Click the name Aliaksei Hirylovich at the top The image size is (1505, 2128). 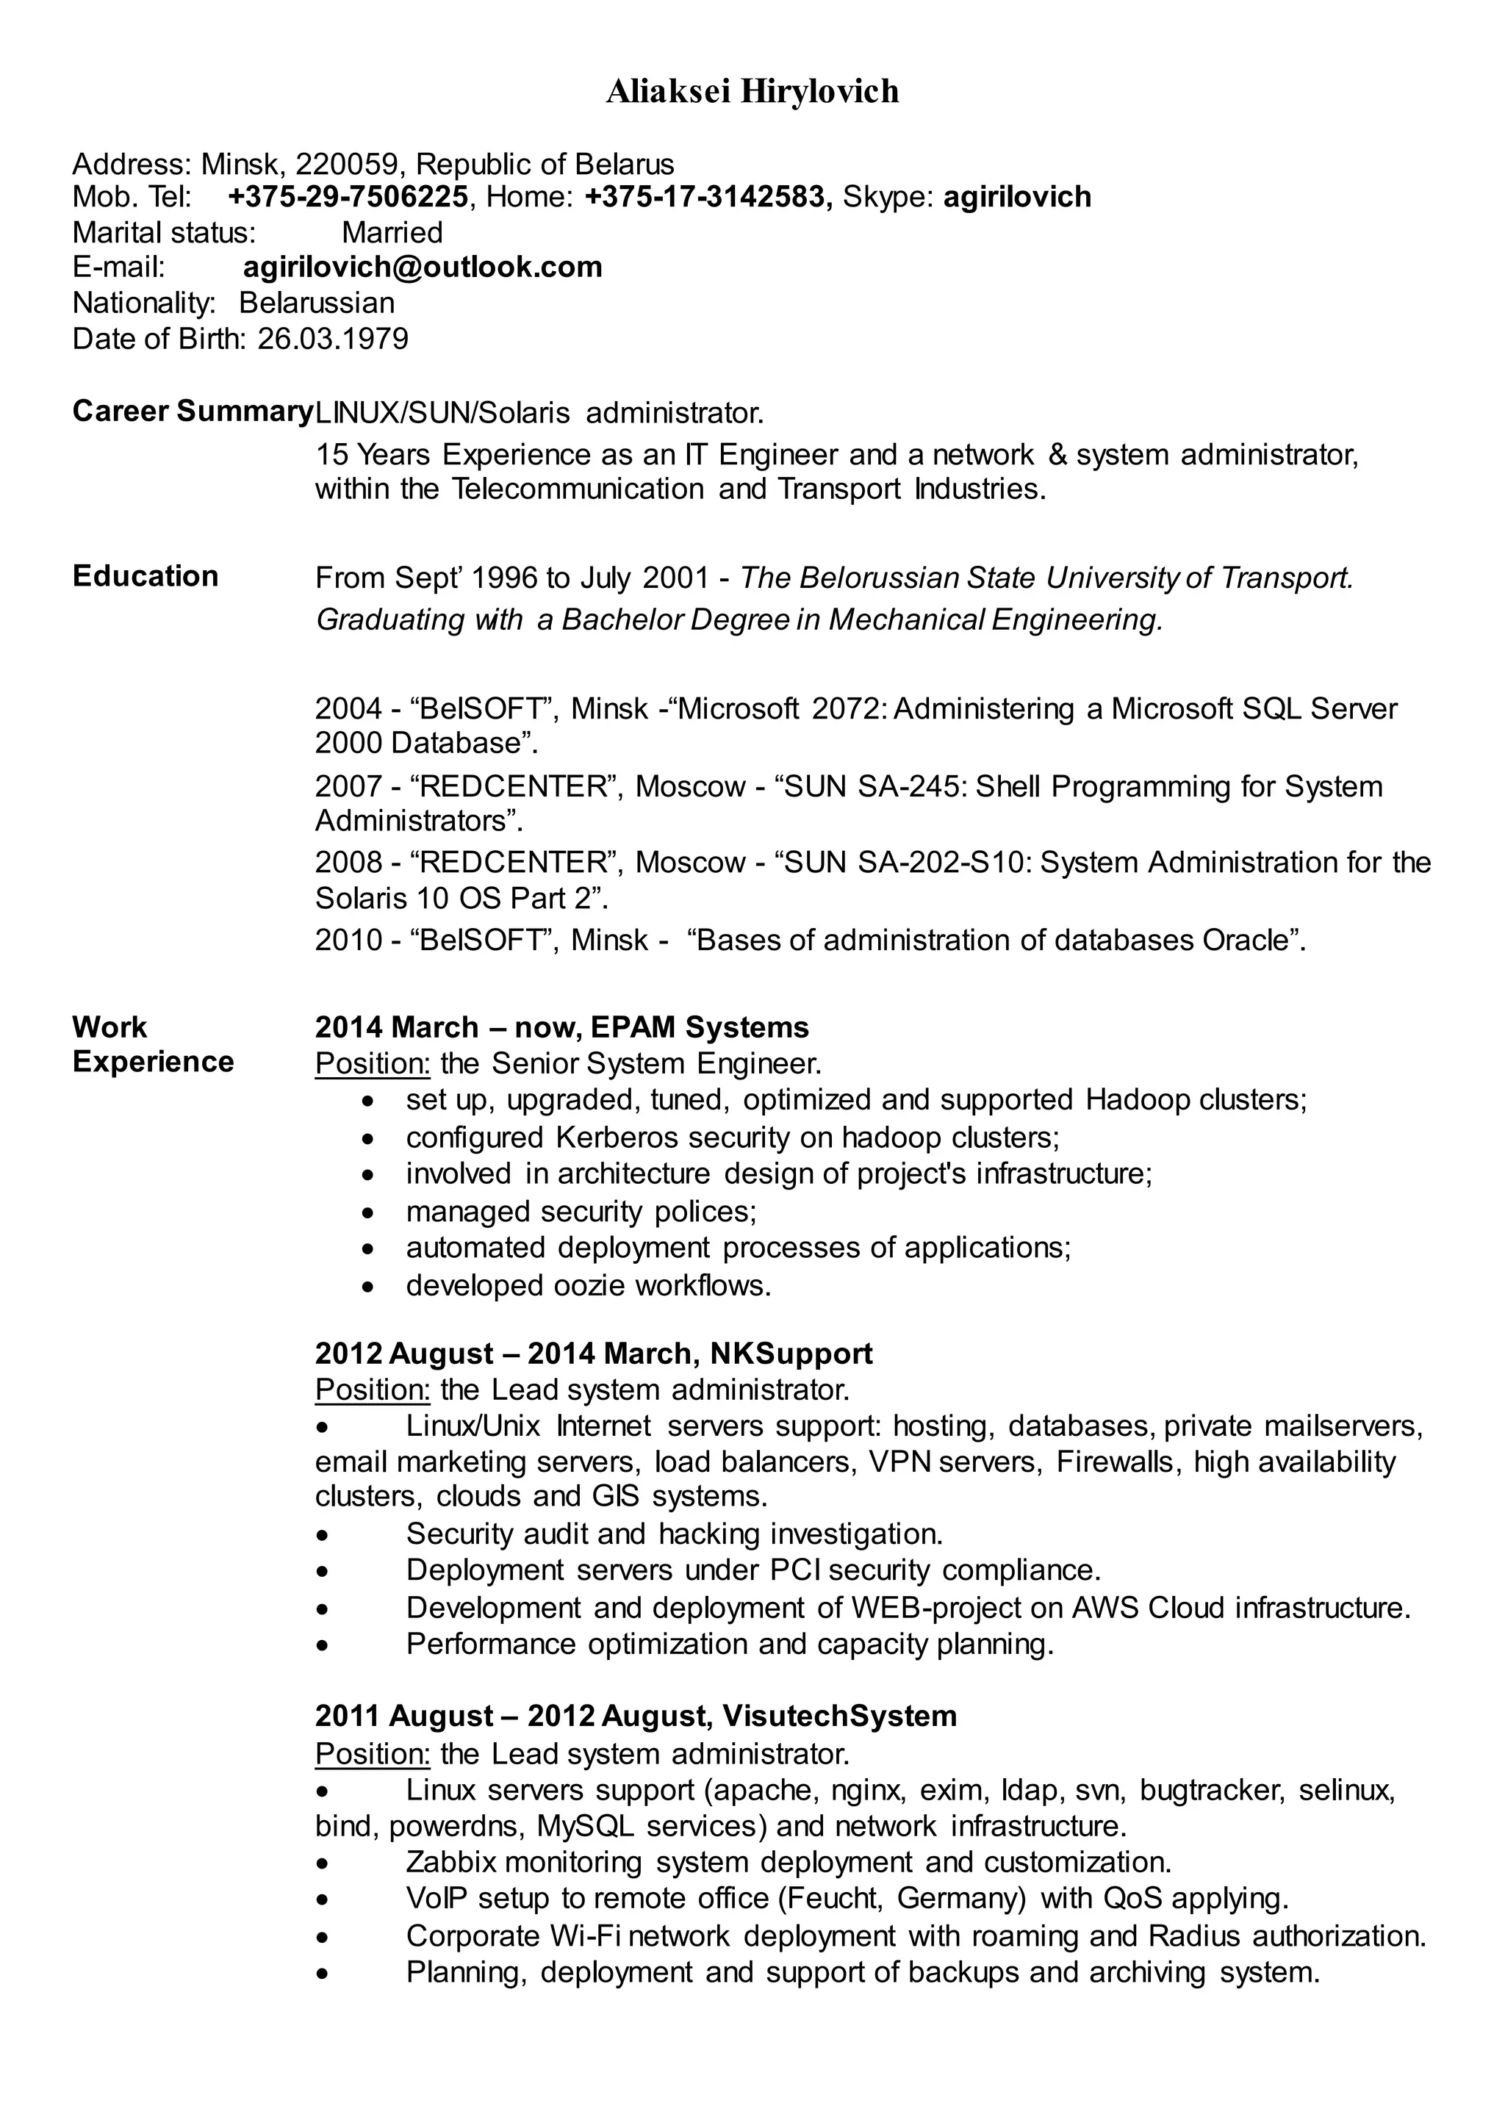click(752, 92)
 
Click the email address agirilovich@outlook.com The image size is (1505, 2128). click(423, 267)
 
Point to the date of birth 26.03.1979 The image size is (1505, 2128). click(333, 338)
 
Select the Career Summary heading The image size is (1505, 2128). click(192, 411)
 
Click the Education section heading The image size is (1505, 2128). click(146, 575)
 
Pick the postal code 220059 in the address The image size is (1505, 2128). click(347, 164)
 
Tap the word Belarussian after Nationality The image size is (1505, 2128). click(317, 303)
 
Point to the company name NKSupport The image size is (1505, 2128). click(791, 1354)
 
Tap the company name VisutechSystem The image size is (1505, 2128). click(838, 1716)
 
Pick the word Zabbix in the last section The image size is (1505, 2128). click(451, 1862)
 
